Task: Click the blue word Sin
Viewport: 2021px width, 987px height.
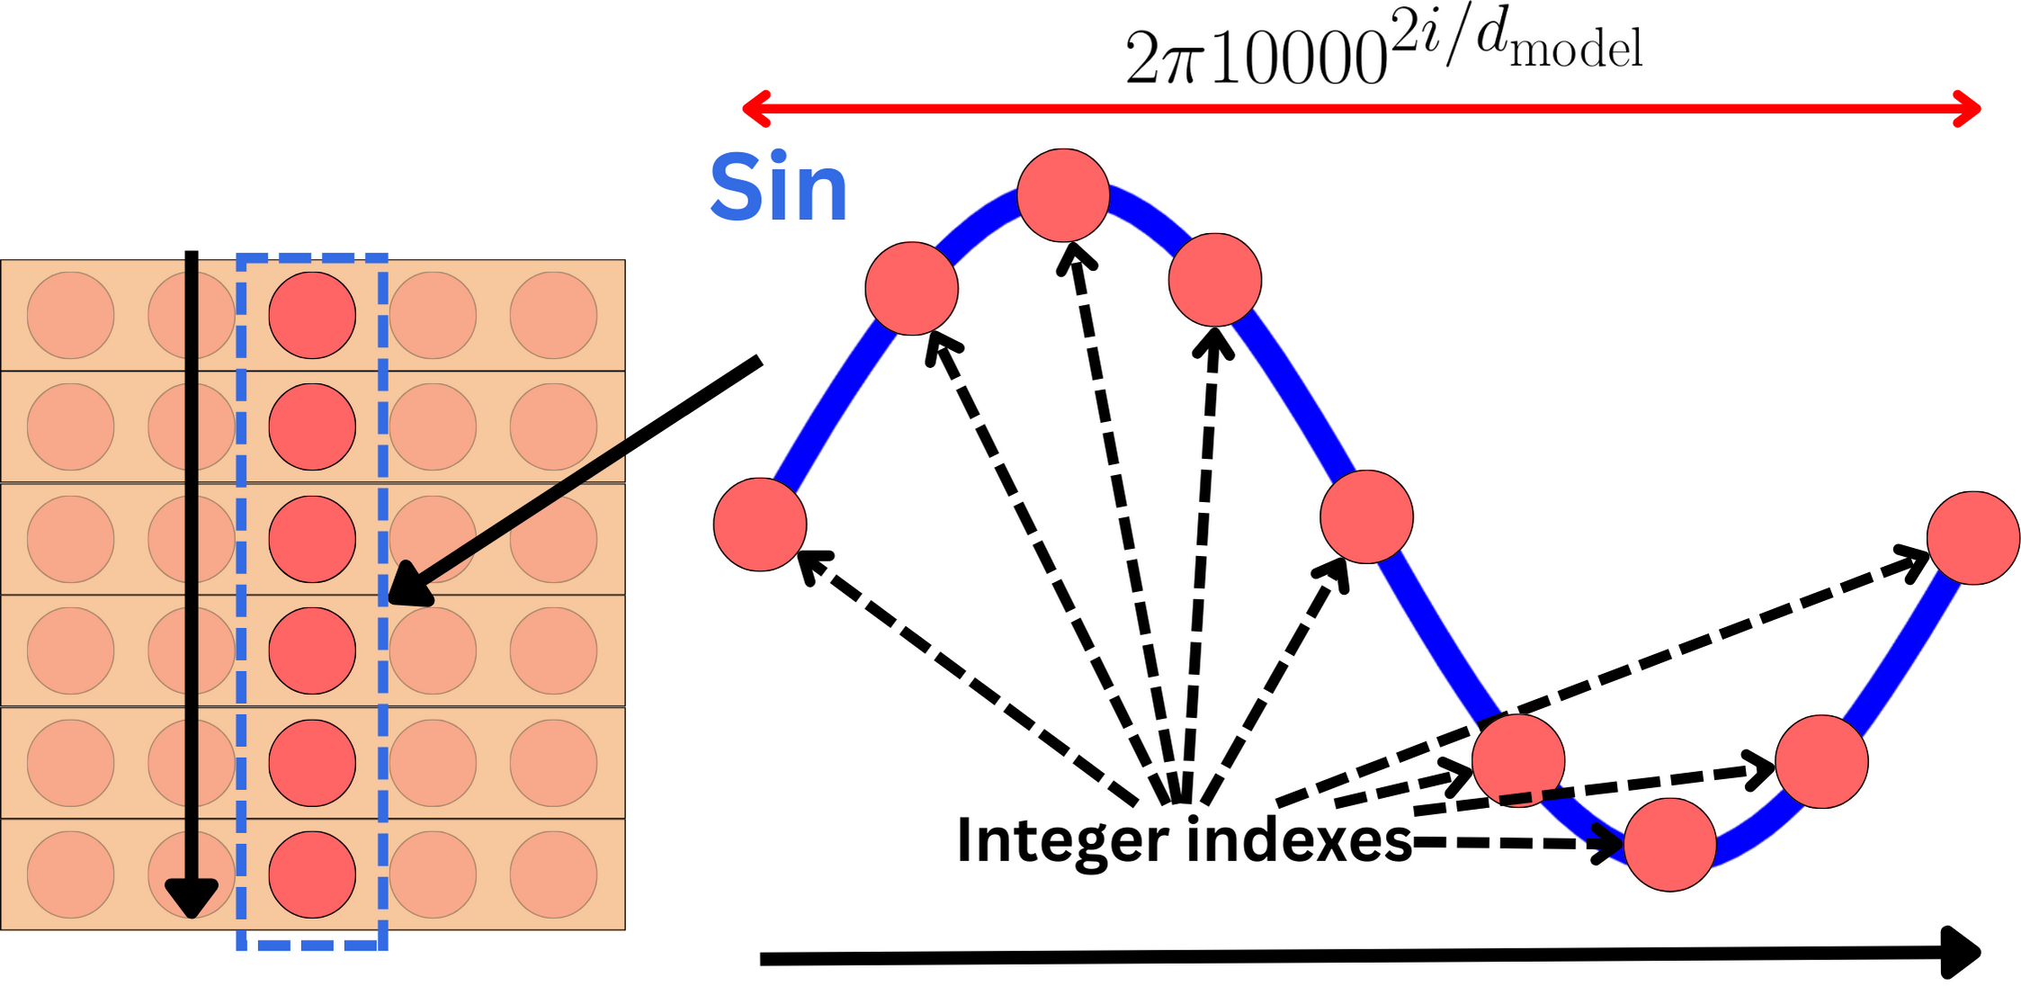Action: tap(778, 187)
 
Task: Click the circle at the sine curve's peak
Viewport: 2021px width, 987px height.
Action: tap(1063, 195)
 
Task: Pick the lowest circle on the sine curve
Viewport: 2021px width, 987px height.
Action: tap(1670, 845)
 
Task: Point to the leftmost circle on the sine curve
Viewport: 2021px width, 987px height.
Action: tap(760, 525)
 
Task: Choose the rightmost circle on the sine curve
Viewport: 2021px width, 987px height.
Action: tap(1973, 538)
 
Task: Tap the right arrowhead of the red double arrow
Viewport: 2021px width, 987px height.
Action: tap(1970, 109)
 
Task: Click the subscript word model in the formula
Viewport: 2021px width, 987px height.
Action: tap(1577, 49)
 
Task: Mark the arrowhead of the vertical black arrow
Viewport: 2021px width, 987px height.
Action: tap(192, 899)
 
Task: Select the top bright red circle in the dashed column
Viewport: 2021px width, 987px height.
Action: tap(312, 316)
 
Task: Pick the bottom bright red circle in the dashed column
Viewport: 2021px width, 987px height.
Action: tap(312, 875)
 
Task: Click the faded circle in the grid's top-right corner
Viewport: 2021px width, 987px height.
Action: tap(553, 316)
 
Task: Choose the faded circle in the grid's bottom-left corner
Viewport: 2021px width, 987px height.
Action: tap(70, 875)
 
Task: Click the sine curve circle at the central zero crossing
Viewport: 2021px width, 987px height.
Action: tap(1366, 517)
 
